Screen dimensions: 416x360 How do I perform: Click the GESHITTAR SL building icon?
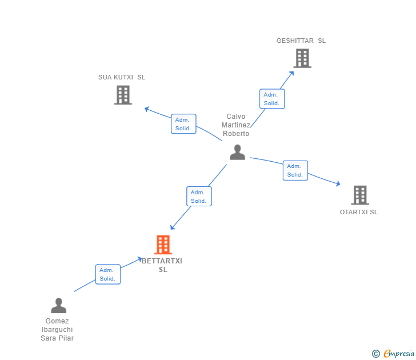click(x=302, y=58)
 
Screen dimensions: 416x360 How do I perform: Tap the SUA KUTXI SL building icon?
click(x=123, y=95)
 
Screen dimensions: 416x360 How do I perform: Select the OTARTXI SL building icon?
click(x=360, y=195)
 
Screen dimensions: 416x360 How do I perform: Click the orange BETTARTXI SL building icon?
click(x=163, y=245)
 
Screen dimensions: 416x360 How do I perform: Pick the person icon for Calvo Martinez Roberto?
click(x=238, y=152)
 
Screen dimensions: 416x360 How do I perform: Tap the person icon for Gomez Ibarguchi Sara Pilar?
click(x=59, y=305)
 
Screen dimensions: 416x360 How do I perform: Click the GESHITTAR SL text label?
click(x=301, y=41)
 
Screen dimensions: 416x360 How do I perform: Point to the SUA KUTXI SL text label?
click(x=122, y=77)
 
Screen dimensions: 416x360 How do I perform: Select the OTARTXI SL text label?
click(x=359, y=212)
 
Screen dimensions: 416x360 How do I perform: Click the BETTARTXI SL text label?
click(x=162, y=265)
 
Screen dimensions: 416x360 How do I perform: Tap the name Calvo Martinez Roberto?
click(x=236, y=125)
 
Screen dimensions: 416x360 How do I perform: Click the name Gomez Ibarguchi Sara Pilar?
click(x=57, y=330)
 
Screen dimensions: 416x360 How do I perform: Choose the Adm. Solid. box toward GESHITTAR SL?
click(x=272, y=99)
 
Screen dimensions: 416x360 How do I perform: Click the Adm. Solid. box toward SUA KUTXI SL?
click(x=183, y=124)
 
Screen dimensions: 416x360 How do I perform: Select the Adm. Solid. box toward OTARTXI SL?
click(x=295, y=170)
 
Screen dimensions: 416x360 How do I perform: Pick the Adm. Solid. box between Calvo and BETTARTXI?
click(x=199, y=197)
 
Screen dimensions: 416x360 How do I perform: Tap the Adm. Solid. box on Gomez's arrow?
click(x=108, y=274)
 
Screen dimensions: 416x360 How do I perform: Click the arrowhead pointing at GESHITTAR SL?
click(x=292, y=73)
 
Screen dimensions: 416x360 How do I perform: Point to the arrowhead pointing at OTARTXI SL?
click(x=338, y=183)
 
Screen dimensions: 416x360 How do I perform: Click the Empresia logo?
click(x=393, y=353)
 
